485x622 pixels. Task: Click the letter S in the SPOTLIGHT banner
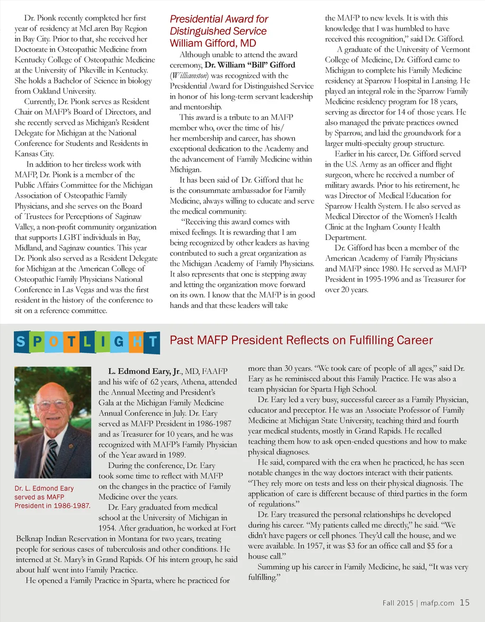(x=21, y=341)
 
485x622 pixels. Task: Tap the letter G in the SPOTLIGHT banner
(x=118, y=341)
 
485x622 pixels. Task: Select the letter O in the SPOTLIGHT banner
(x=54, y=341)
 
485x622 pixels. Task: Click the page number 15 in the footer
(x=465, y=603)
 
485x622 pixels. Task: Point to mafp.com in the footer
(x=437, y=603)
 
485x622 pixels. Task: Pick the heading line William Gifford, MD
(x=213, y=44)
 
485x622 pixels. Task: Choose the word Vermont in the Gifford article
(x=456, y=49)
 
